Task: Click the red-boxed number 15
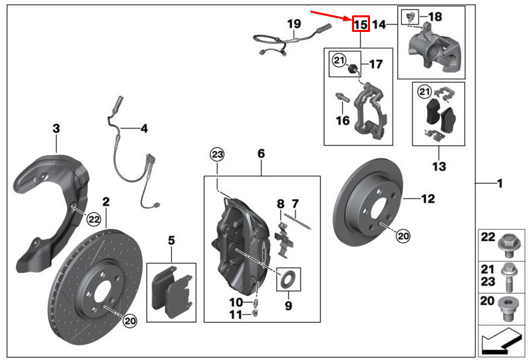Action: coord(361,25)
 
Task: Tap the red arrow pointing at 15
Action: coord(331,16)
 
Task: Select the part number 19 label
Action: coord(294,24)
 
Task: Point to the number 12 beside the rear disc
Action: coord(428,199)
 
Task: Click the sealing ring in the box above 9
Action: coord(287,279)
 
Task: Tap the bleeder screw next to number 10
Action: coord(256,301)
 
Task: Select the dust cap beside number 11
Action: coord(255,314)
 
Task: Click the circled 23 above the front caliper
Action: coord(217,154)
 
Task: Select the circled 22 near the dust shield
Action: coord(94,220)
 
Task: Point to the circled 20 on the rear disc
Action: coord(403,236)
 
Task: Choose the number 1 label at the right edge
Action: coord(500,184)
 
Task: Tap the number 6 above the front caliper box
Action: coord(261,154)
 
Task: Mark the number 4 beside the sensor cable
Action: coord(144,128)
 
